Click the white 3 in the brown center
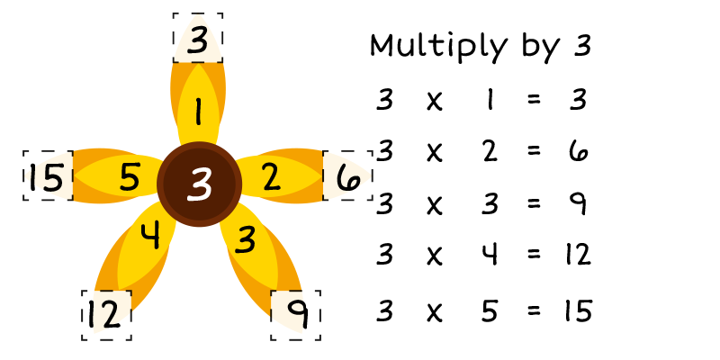click(199, 184)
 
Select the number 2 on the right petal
click(271, 178)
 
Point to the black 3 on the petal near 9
click(246, 238)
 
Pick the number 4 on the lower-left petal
click(151, 236)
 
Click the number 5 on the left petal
click(130, 177)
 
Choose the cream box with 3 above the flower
click(198, 40)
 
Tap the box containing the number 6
click(347, 176)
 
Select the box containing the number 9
click(296, 314)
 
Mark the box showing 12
click(106, 314)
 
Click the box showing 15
click(48, 176)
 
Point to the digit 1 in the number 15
click(33, 177)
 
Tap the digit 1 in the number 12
click(92, 315)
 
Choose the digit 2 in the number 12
click(112, 315)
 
